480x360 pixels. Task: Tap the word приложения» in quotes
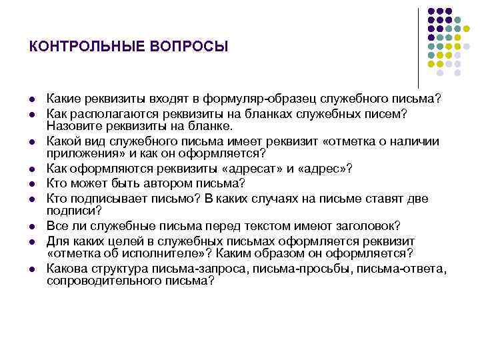pos(79,153)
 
